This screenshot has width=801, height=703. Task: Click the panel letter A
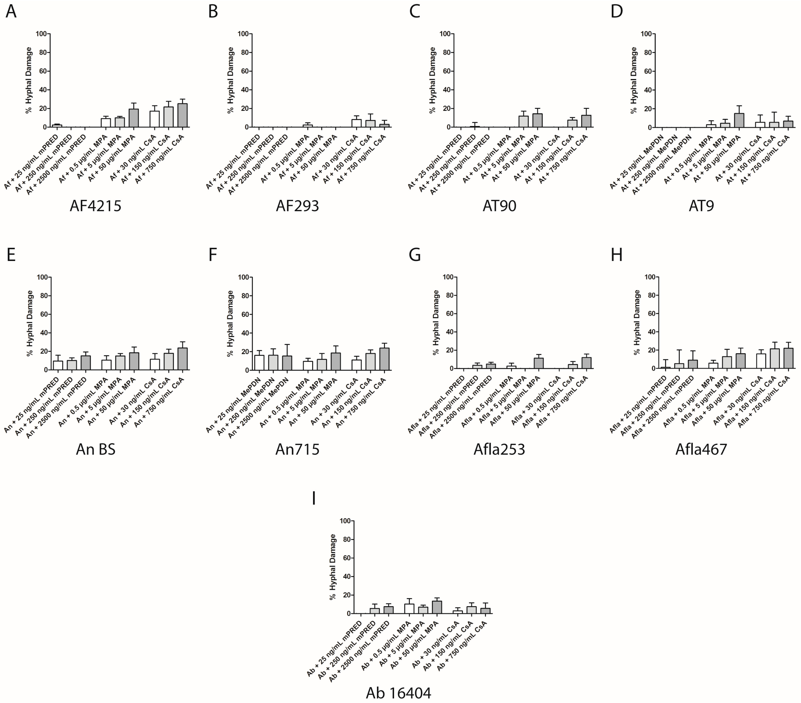pos(11,12)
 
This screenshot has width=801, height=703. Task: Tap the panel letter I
pos(313,499)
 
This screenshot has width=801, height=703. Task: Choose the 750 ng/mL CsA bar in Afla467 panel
pos(788,358)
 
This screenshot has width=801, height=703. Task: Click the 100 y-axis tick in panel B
pos(243,34)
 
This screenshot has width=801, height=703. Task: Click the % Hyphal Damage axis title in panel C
pos(433,80)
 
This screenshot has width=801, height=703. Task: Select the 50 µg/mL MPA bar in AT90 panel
pos(537,121)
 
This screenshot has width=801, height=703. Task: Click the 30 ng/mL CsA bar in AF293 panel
pos(356,123)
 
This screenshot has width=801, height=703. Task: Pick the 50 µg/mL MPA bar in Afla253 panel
pos(539,363)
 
